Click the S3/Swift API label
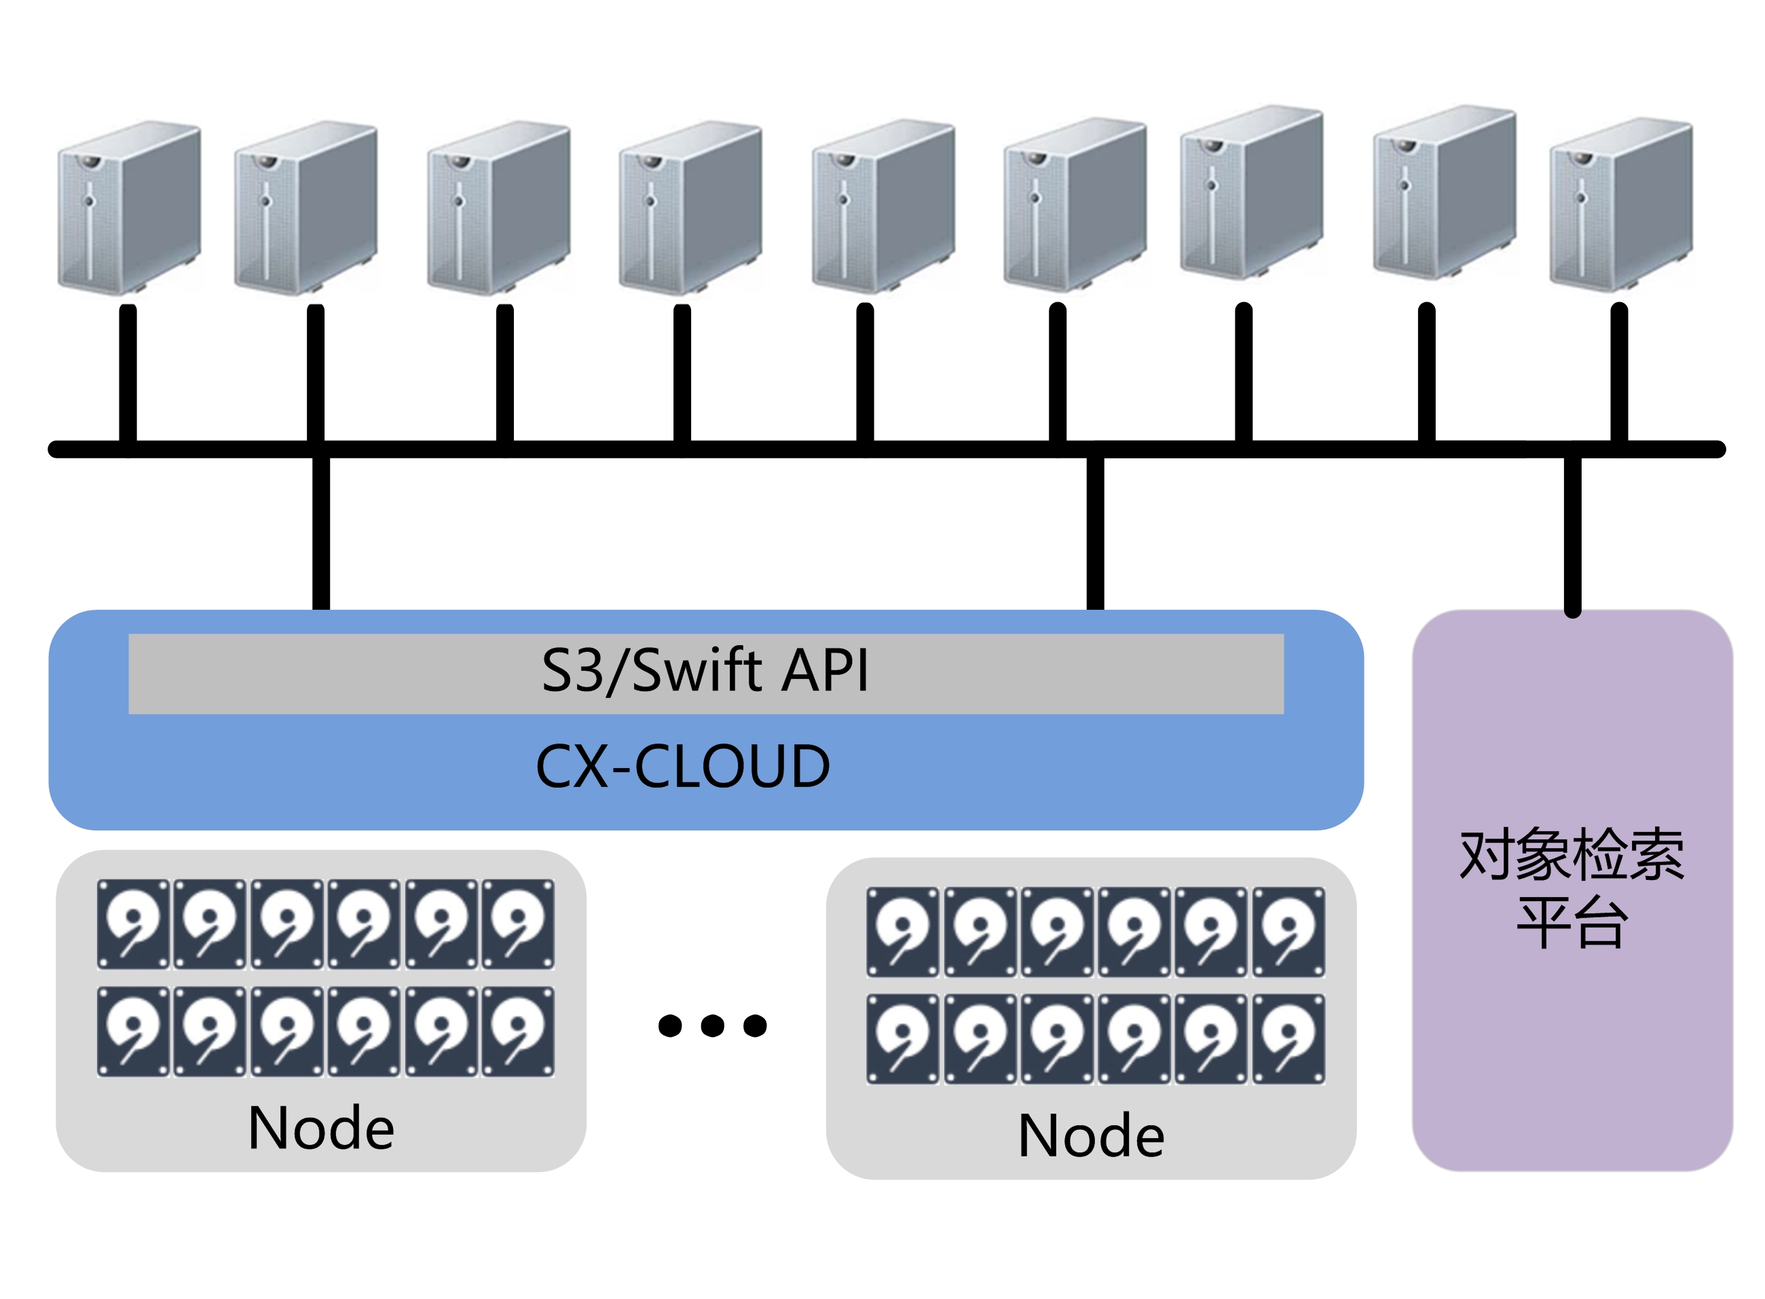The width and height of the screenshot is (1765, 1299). (705, 671)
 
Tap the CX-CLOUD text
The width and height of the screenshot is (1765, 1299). (682, 766)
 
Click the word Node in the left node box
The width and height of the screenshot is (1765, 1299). (321, 1129)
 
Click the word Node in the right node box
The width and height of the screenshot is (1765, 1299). (1090, 1136)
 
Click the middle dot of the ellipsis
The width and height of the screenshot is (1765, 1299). (712, 1025)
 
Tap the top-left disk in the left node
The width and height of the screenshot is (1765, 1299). (133, 924)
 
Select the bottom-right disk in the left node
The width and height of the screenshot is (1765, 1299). (518, 1031)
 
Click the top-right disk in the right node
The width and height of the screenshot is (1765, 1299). (1288, 932)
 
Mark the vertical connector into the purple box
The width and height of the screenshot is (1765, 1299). (1572, 534)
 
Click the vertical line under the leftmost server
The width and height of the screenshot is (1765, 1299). (128, 373)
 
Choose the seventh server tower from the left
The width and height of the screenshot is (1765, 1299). (1251, 192)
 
